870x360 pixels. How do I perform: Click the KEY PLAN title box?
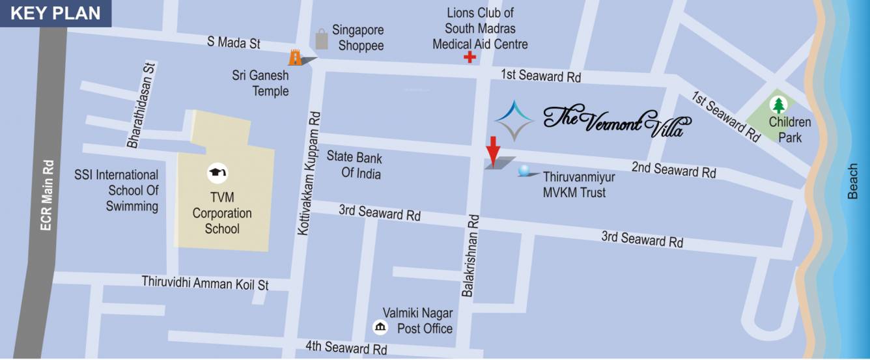56,14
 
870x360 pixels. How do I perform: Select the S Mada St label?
234,43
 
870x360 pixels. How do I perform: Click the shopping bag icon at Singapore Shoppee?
322,39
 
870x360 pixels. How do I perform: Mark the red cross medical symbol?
469,58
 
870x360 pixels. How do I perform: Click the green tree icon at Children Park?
778,105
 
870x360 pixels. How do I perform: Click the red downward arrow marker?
493,151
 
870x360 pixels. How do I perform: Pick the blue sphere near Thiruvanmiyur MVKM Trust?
524,172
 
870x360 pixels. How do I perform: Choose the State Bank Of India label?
354,165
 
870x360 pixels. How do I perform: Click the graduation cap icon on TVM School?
217,173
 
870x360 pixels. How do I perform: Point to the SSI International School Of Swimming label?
116,191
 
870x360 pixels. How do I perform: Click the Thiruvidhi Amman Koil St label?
205,283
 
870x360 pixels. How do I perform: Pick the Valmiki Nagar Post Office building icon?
378,326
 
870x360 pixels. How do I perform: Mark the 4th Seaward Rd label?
346,348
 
